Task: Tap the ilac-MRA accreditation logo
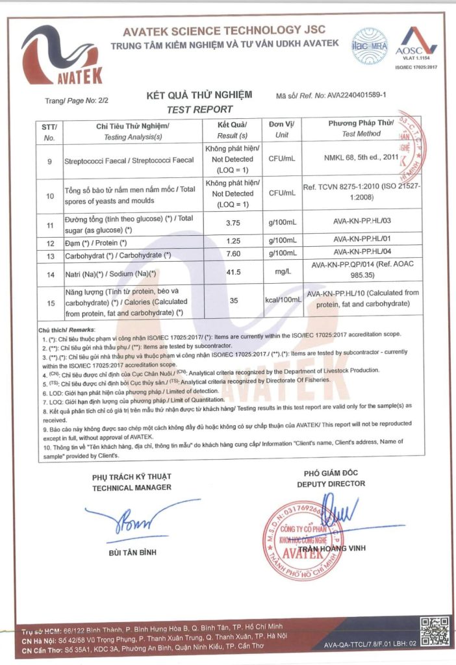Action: pos(368,44)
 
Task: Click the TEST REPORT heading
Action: pos(199,110)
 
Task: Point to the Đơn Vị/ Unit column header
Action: pos(281,129)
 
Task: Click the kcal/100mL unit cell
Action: pos(281,301)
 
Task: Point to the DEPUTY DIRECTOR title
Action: pos(331,483)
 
